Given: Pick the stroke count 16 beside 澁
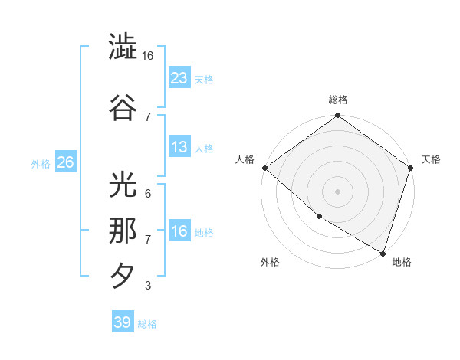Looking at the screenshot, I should tap(148, 56).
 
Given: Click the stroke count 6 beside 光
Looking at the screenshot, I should tap(148, 193).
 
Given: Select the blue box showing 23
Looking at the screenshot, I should tap(179, 77).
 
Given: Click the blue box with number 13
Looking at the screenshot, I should tap(179, 147).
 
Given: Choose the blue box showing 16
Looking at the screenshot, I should tap(179, 231).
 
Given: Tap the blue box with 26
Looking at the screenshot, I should tap(65, 162).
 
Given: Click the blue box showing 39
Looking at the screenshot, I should tap(123, 322).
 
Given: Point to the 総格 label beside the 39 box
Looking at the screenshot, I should tap(147, 324).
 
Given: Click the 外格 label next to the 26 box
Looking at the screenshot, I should tap(41, 164).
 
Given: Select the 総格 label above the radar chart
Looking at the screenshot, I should tap(337, 100).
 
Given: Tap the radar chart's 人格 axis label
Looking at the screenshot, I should tap(246, 159).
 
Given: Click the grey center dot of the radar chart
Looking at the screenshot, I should tap(337, 191).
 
